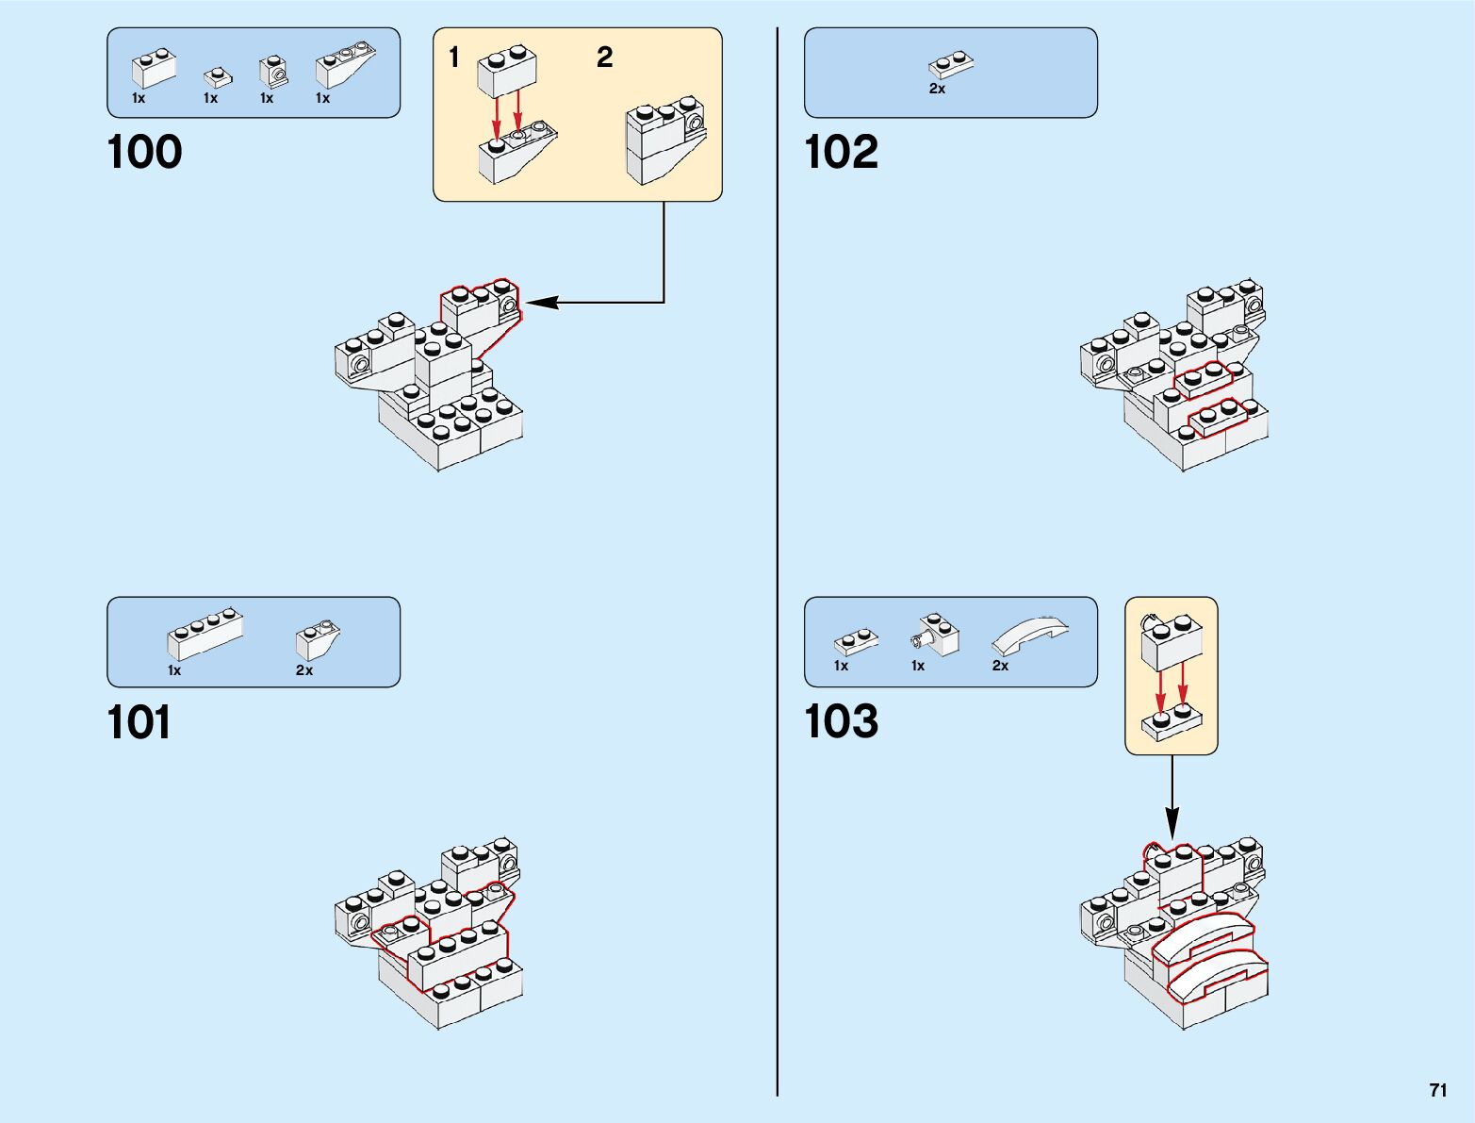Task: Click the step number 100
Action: click(144, 153)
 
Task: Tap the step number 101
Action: click(139, 723)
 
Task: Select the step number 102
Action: click(841, 153)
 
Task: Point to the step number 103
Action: click(841, 722)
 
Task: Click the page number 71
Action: click(1437, 1090)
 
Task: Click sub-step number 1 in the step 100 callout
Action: click(454, 58)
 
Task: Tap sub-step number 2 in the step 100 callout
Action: click(604, 58)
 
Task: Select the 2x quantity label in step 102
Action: click(937, 89)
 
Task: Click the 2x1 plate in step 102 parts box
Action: click(950, 64)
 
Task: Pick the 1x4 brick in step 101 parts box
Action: click(205, 635)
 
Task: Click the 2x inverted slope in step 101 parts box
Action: click(316, 641)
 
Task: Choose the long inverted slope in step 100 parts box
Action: click(346, 65)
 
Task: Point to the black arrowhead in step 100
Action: click(541, 303)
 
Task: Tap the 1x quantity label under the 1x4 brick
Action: click(174, 670)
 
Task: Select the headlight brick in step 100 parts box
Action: click(272, 71)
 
